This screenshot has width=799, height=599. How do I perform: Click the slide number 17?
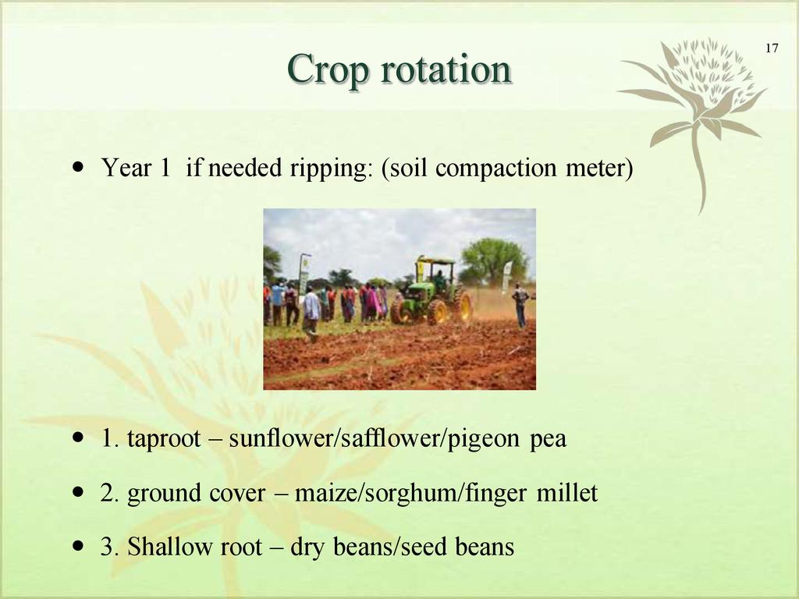pos(772,48)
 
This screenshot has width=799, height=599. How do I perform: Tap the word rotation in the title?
pos(446,69)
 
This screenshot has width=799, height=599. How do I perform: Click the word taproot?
pos(164,439)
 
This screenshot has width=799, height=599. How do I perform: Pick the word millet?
pos(567,493)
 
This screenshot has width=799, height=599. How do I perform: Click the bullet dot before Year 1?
pos(79,167)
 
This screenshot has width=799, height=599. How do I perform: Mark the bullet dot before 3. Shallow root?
pos(79,546)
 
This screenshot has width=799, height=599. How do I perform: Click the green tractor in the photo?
pos(432,294)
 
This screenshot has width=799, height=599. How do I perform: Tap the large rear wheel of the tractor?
pos(462,306)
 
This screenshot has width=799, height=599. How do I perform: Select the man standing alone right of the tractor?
pos(520,306)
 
